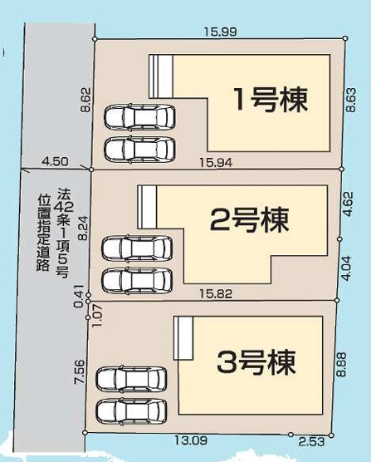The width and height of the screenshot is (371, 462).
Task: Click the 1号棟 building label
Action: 270,101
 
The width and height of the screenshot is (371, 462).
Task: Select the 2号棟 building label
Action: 250,220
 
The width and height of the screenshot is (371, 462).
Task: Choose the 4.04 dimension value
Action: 348,268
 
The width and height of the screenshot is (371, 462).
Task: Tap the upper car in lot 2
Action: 137,248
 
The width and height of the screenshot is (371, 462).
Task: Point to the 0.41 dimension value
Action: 78,296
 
